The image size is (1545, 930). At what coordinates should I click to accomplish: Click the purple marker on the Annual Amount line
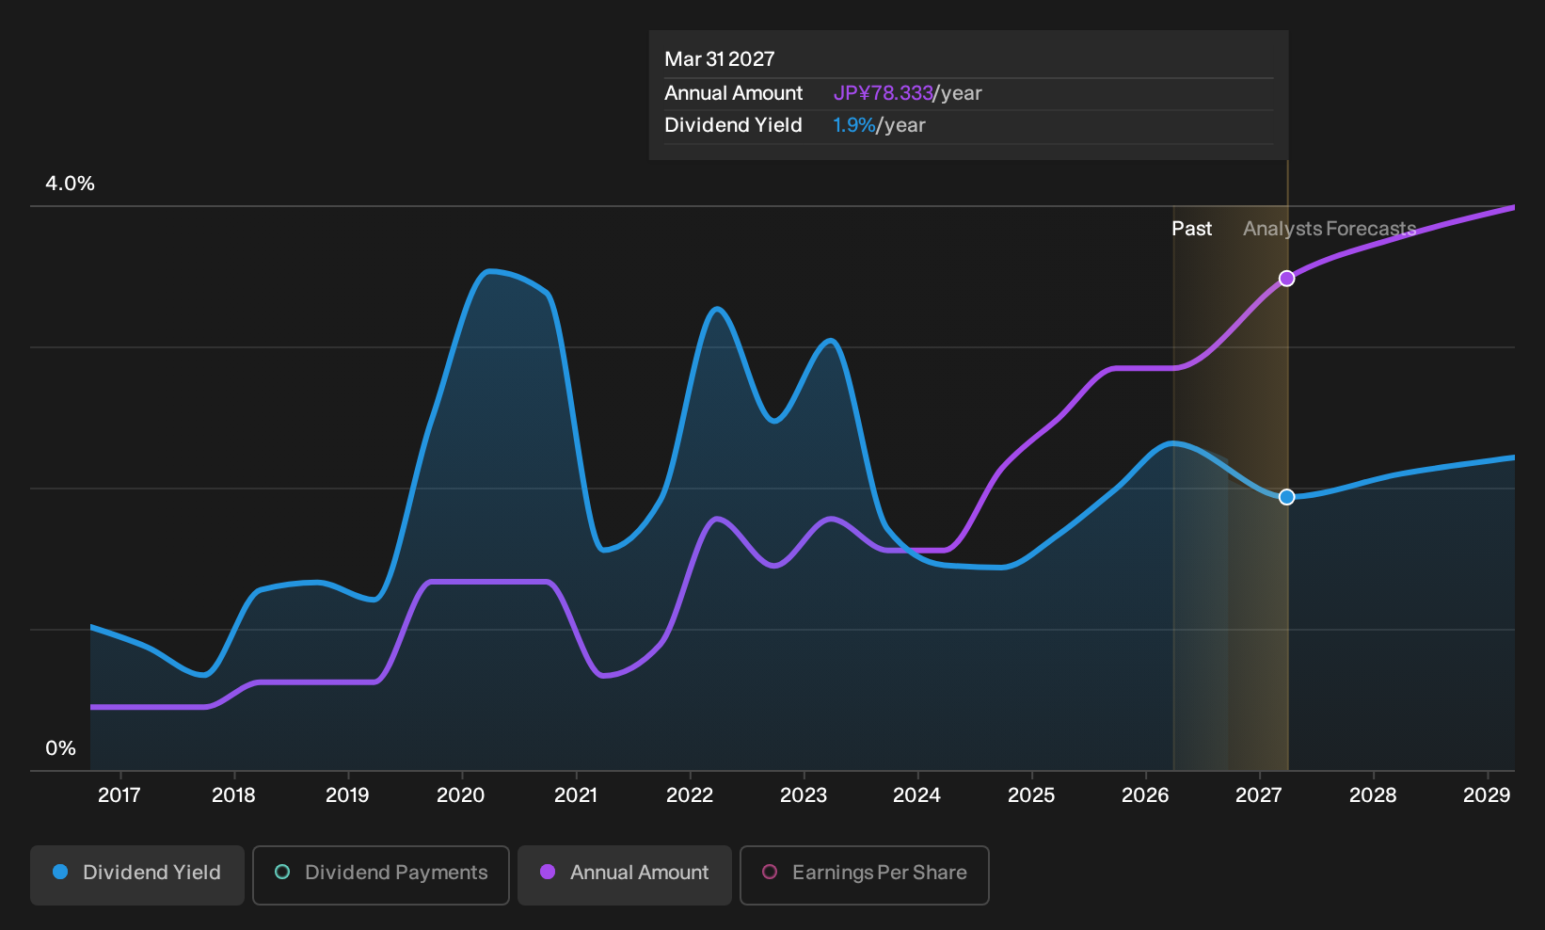coord(1286,279)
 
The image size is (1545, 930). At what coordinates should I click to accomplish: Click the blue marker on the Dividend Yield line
coord(1286,497)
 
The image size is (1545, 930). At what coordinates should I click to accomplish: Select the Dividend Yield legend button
coord(137,874)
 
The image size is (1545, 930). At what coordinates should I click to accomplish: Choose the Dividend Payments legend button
coord(381,874)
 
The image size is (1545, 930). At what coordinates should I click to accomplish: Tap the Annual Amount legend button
coord(624,874)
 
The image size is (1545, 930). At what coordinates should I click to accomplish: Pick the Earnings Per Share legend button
coord(864,874)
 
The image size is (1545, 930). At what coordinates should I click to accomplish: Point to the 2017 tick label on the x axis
coord(119,795)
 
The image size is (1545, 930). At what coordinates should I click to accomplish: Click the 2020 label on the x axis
coord(461,795)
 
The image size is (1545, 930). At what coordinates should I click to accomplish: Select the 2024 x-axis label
coord(916,795)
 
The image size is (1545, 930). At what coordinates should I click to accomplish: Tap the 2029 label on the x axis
coord(1487,795)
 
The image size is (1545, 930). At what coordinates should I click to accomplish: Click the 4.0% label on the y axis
coord(70,184)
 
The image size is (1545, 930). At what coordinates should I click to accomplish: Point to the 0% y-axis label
coord(61,748)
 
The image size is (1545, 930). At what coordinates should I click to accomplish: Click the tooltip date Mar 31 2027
coord(720,59)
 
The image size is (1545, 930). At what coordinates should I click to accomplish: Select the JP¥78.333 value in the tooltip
coord(883,93)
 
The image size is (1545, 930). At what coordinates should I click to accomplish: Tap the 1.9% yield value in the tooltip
coord(853,125)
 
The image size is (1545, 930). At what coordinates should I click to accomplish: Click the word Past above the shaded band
coord(1192,229)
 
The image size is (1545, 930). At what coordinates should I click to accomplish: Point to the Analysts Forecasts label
coord(1330,229)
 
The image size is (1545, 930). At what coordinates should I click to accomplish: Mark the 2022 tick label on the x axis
coord(689,795)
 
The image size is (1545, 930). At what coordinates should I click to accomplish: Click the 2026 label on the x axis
coord(1145,795)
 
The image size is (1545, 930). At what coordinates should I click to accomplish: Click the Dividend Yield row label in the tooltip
coord(733,125)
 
